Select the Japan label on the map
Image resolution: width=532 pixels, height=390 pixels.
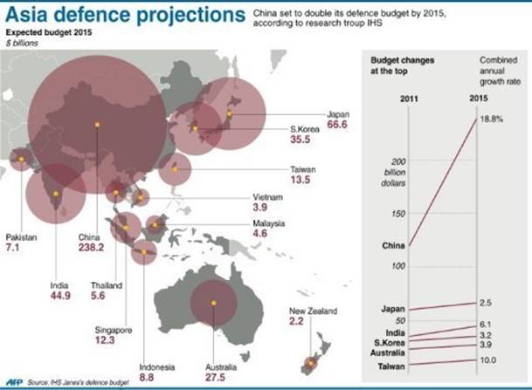click(337, 114)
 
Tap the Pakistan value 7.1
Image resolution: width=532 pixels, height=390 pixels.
click(18, 248)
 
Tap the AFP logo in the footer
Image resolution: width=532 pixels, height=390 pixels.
click(17, 381)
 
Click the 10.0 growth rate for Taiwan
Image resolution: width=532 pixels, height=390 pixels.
click(487, 359)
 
